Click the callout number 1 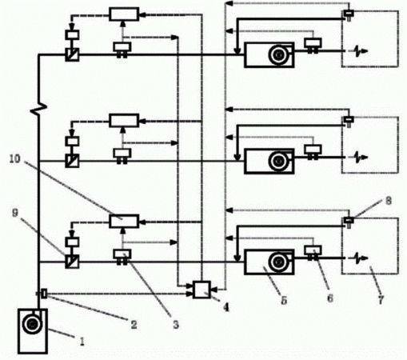pyautogui.click(x=82, y=341)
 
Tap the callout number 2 pyautogui.click(x=134, y=324)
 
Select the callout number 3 pyautogui.click(x=176, y=325)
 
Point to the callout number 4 pyautogui.click(x=225, y=308)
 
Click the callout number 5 pyautogui.click(x=284, y=301)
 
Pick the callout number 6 pyautogui.click(x=330, y=298)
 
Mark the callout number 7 pyautogui.click(x=381, y=300)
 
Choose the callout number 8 pyautogui.click(x=389, y=201)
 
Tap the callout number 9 pyautogui.click(x=15, y=213)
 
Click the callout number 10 pyautogui.click(x=15, y=159)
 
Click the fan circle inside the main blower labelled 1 pyautogui.click(x=32, y=324)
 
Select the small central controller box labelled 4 pyautogui.click(x=202, y=290)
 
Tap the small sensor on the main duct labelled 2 pyautogui.click(x=44, y=294)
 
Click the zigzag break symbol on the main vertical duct pyautogui.click(x=38, y=108)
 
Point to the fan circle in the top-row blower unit pyautogui.click(x=278, y=55)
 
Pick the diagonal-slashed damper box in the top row pyautogui.click(x=72, y=54)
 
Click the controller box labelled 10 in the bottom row pyautogui.click(x=124, y=221)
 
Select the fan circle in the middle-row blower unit pyautogui.click(x=278, y=161)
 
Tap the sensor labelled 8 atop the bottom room pyautogui.click(x=349, y=222)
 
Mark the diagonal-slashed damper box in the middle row pyautogui.click(x=72, y=161)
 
